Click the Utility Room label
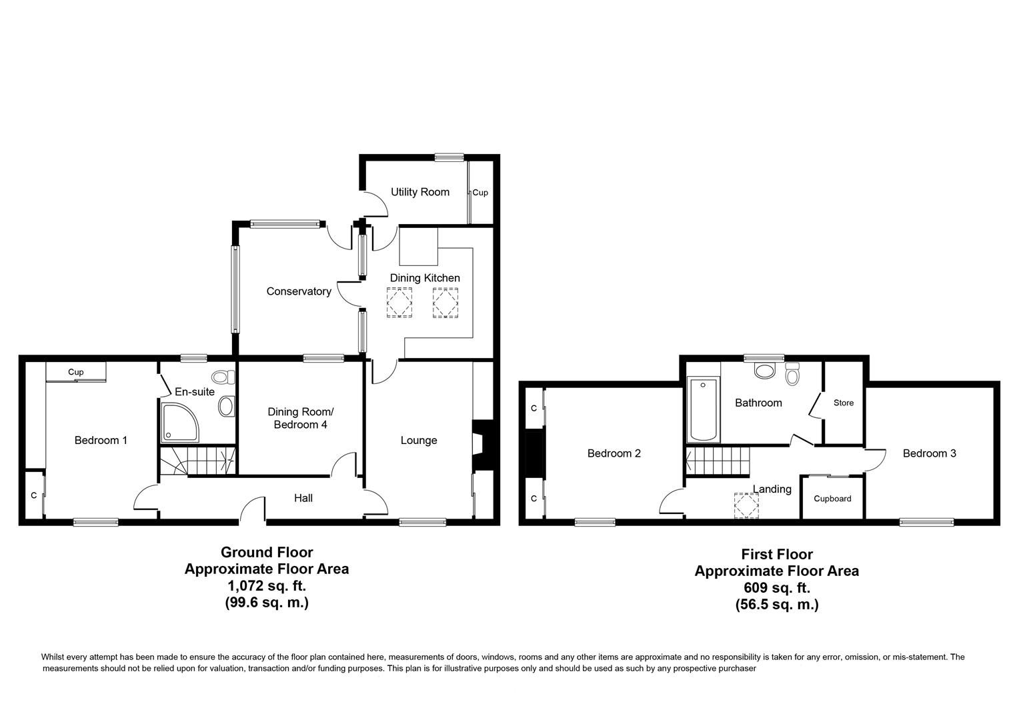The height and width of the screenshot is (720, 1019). coord(419,192)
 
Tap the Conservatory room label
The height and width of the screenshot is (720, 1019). coord(298,291)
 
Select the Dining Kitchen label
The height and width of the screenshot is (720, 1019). coord(425,278)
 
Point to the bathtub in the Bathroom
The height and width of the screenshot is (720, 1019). coord(704,410)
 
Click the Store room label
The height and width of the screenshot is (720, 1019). coord(843,403)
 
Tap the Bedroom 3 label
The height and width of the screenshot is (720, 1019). coord(929,453)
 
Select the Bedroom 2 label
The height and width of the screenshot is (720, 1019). coord(614,453)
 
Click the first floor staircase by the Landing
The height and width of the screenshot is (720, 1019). coord(718,461)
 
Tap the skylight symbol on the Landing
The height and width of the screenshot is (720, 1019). coord(746,505)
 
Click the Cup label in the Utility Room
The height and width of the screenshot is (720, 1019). coord(480,193)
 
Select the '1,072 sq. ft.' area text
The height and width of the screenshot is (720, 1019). coord(266,586)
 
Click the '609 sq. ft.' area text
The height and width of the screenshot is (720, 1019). coord(776,588)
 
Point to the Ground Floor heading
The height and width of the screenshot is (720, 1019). coord(266,552)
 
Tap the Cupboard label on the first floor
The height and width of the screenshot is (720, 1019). coord(832,499)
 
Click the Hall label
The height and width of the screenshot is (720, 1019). coord(303,498)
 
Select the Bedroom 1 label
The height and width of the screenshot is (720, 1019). coord(101,440)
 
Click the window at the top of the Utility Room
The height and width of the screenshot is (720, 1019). coord(449,157)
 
